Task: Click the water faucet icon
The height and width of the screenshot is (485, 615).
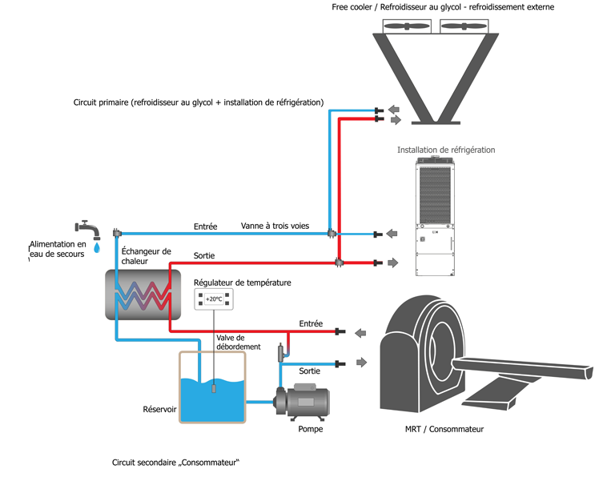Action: (x=88, y=229)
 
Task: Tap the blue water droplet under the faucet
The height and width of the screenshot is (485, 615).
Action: (x=98, y=248)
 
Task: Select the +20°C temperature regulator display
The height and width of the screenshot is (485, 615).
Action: (x=214, y=299)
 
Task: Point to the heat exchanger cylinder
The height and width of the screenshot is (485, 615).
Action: (x=143, y=294)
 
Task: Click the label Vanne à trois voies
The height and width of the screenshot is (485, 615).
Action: (x=275, y=226)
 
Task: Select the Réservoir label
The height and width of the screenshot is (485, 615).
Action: (x=159, y=409)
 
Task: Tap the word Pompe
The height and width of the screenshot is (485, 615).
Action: (x=310, y=430)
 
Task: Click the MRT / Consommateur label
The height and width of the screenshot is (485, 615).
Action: (x=444, y=429)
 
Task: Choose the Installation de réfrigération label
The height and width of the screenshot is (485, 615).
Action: (x=446, y=150)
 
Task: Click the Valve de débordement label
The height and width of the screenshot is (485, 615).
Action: (x=238, y=342)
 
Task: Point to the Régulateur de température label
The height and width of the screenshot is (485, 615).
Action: (x=242, y=283)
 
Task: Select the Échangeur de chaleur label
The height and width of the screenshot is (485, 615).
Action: (x=146, y=256)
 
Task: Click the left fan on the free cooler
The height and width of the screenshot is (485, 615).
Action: (x=405, y=26)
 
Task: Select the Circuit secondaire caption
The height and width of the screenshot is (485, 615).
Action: (x=176, y=463)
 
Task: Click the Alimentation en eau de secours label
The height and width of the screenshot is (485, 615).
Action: (x=57, y=249)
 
